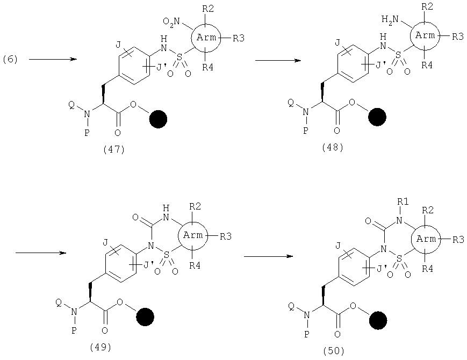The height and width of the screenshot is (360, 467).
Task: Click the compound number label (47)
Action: coord(114,149)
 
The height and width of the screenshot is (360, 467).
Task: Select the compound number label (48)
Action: coord(333,147)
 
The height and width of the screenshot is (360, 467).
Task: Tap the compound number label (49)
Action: coord(100,347)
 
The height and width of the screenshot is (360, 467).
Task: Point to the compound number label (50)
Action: coord(334,351)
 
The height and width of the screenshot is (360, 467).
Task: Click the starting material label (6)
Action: coord(10,60)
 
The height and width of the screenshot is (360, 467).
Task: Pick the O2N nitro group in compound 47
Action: coord(171,21)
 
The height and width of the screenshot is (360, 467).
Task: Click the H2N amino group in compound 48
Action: coord(390,20)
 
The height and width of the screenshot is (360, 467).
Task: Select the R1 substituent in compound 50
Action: coord(403,202)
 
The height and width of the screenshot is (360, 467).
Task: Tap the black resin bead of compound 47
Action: coord(158,119)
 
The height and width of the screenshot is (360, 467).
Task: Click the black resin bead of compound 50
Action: coord(378,320)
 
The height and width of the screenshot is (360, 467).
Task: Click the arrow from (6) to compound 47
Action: coord(53,59)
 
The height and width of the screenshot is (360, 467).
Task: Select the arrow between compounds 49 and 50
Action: coord(268,256)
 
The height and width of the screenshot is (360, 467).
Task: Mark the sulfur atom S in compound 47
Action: coord(179,56)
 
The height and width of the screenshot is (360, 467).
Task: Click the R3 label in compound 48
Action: coord(458,37)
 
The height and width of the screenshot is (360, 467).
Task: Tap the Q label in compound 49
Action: coord(59,303)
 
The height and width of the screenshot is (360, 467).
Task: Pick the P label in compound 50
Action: coord(306,334)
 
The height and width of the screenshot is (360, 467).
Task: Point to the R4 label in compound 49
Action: coord(195,265)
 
